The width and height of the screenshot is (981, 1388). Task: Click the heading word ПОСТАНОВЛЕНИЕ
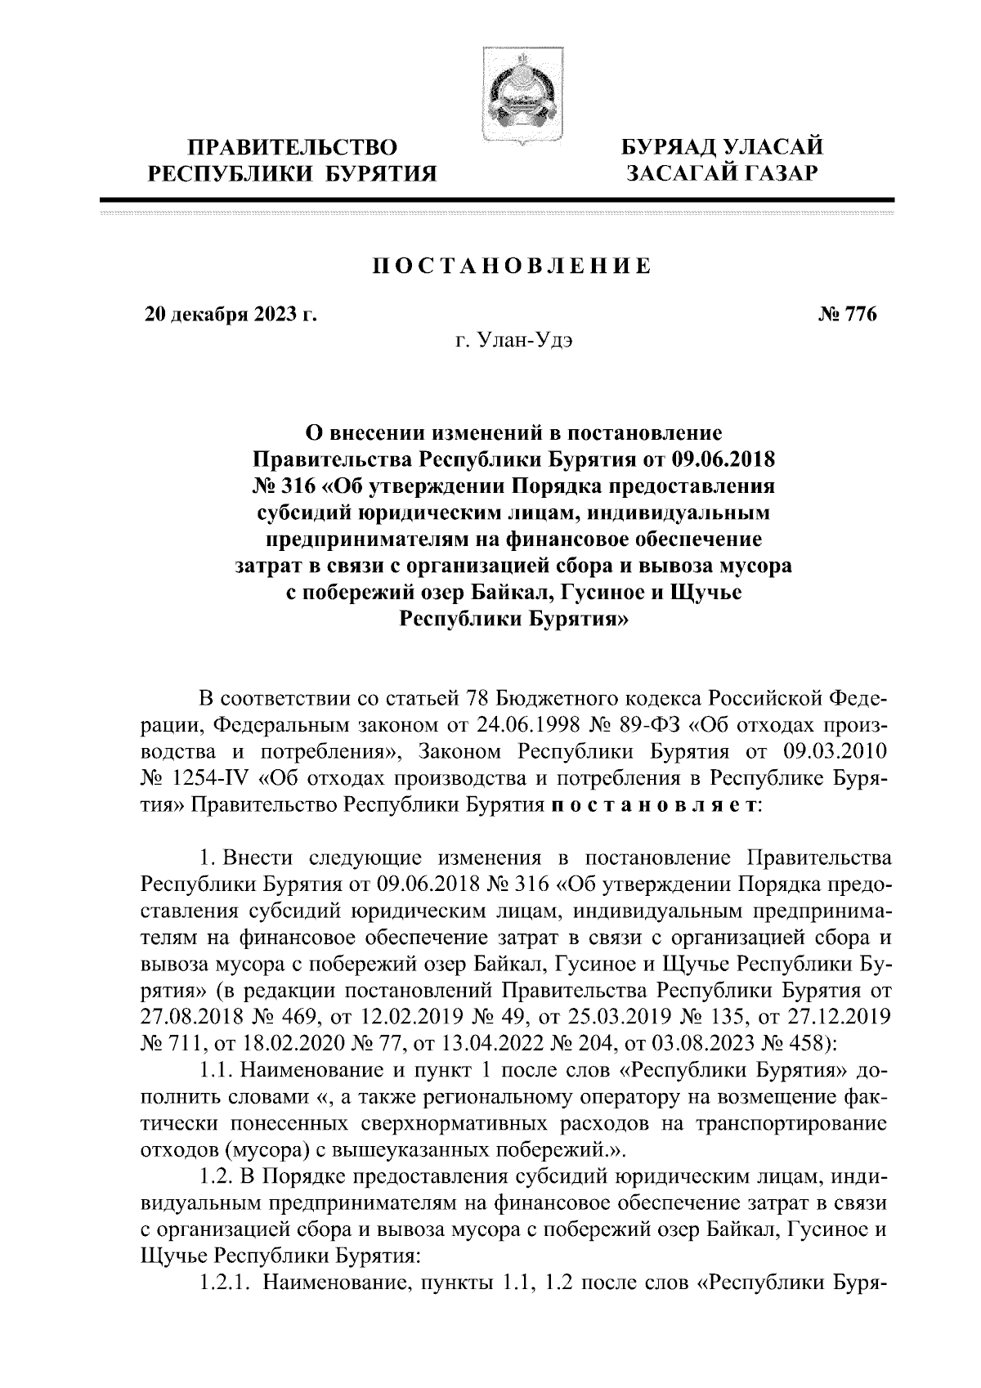pos(512,266)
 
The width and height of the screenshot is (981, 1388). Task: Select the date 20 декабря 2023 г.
pos(231,315)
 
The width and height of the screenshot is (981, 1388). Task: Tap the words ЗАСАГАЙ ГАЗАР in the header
pos(722,173)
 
